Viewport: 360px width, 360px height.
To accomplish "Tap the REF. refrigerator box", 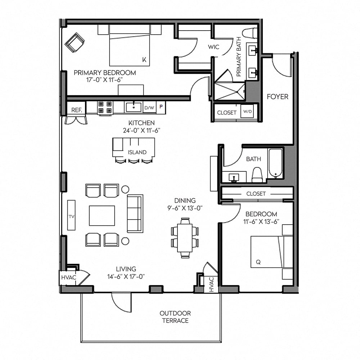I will point(77,110).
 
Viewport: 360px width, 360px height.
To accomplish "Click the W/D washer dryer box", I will point(247,112).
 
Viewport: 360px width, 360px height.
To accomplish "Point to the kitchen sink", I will point(133,107).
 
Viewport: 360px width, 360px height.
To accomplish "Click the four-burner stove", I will point(105,107).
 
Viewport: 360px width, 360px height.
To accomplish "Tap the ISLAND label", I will point(137,152).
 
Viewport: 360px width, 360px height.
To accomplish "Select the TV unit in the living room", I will point(71,215).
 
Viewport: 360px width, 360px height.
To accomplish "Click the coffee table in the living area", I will point(102,216).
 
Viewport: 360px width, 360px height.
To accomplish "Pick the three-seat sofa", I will point(135,213).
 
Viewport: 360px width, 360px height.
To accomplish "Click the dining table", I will point(185,238).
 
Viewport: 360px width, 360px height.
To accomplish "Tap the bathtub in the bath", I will point(276,163).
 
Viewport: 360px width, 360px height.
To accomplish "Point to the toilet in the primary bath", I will point(250,33).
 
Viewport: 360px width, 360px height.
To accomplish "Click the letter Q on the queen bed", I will point(258,262).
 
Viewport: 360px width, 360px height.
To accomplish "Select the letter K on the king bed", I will point(144,60).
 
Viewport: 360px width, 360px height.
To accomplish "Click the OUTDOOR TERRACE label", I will point(175,317).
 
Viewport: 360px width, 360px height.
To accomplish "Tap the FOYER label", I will point(278,97).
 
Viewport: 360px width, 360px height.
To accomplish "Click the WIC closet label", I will point(213,47).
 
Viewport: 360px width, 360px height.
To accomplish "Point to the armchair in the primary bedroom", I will point(75,42).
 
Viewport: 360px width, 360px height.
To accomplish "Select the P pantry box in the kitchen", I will point(161,107).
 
